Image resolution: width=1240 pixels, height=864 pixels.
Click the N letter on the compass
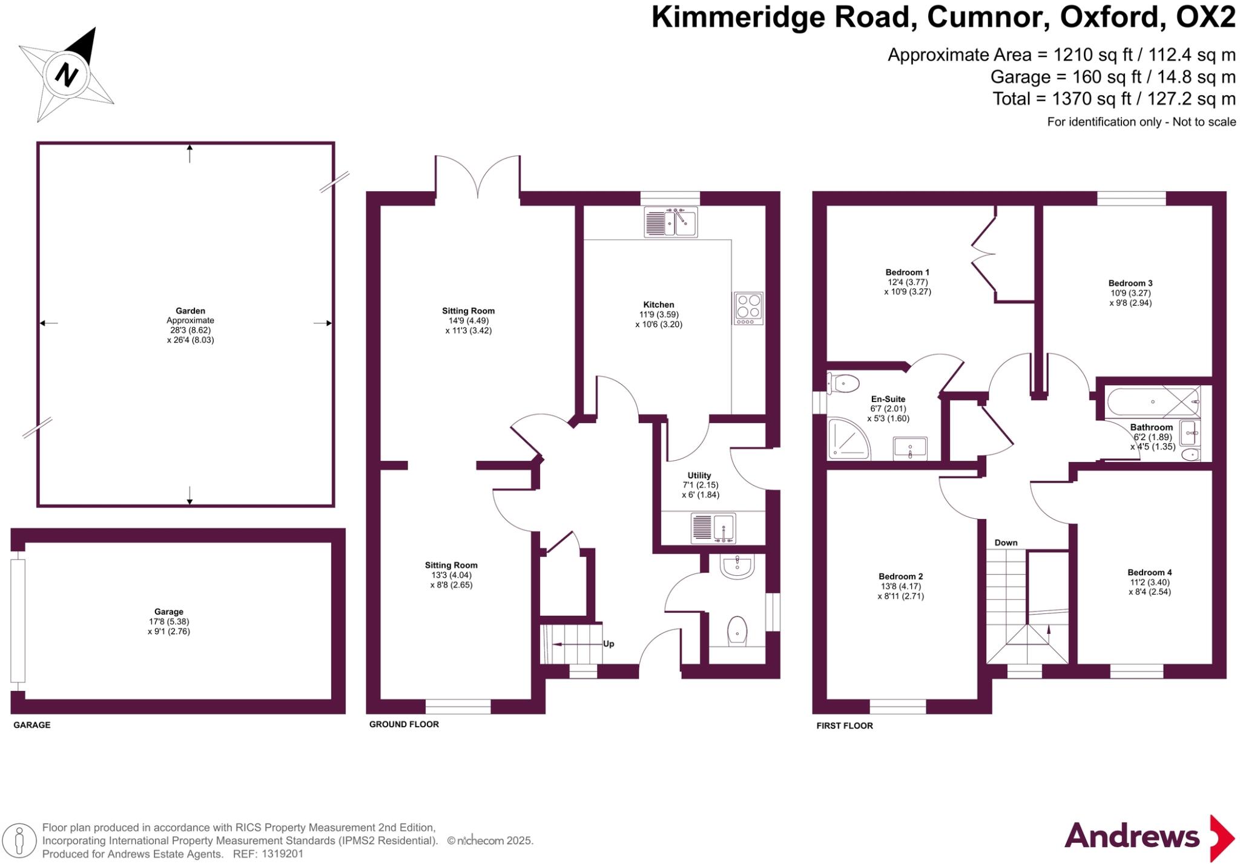click(x=67, y=75)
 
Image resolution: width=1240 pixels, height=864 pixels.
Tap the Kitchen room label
click(x=658, y=305)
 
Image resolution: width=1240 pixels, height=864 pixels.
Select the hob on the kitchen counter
click(x=748, y=308)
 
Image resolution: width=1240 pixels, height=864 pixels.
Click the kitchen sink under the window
click(x=671, y=222)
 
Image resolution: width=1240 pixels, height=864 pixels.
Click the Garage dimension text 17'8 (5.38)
click(x=168, y=621)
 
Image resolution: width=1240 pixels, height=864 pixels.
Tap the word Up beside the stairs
click(x=608, y=644)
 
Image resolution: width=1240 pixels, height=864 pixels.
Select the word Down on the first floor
click(x=1006, y=542)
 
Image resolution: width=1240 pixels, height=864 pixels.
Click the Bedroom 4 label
click(x=1149, y=572)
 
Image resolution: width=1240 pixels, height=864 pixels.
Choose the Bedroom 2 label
click(x=900, y=576)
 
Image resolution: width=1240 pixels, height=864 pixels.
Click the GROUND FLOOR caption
click(x=404, y=724)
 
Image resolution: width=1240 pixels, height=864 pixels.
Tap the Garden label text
click(x=190, y=311)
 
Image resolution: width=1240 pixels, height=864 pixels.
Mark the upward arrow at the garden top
click(x=190, y=153)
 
